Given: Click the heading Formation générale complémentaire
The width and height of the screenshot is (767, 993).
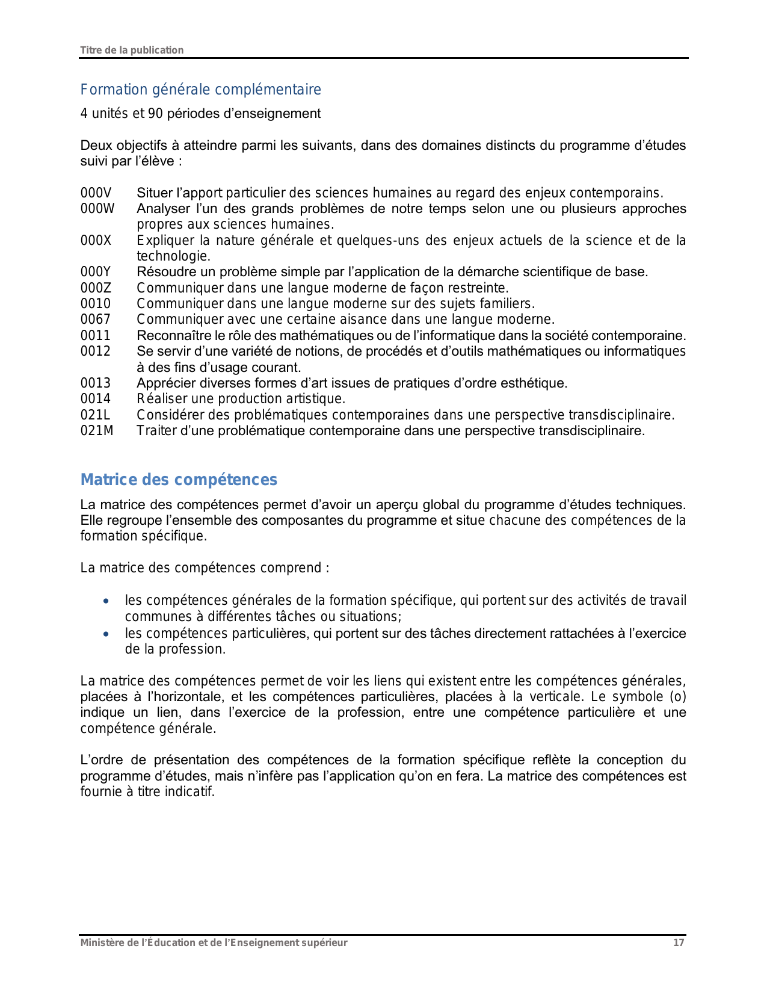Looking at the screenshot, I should coord(200,90).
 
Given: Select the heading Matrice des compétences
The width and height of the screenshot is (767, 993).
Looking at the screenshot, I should coord(179,480).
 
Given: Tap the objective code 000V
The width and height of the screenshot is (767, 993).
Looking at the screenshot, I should coord(96,193).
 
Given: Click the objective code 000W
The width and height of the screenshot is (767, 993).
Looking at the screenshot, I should coord(97,209).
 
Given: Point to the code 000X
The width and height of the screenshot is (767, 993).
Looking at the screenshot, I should coord(96,241).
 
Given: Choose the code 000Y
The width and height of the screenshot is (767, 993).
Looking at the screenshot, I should coord(96,272).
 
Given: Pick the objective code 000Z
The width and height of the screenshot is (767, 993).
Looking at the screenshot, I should coord(96,288).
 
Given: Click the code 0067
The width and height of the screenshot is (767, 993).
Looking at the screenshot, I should coord(96,320).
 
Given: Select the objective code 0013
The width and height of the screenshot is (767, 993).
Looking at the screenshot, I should coord(96,383).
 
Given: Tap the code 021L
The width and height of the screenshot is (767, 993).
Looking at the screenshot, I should coord(95,415).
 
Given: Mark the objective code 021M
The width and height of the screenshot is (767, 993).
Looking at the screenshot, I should coord(97,431).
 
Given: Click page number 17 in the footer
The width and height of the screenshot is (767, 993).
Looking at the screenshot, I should coord(679,943).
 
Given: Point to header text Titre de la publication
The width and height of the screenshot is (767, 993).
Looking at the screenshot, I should coord(132,51).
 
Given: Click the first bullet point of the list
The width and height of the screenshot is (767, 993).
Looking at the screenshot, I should coord(106,601).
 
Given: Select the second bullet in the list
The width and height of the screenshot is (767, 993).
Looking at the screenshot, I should coord(106,634).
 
